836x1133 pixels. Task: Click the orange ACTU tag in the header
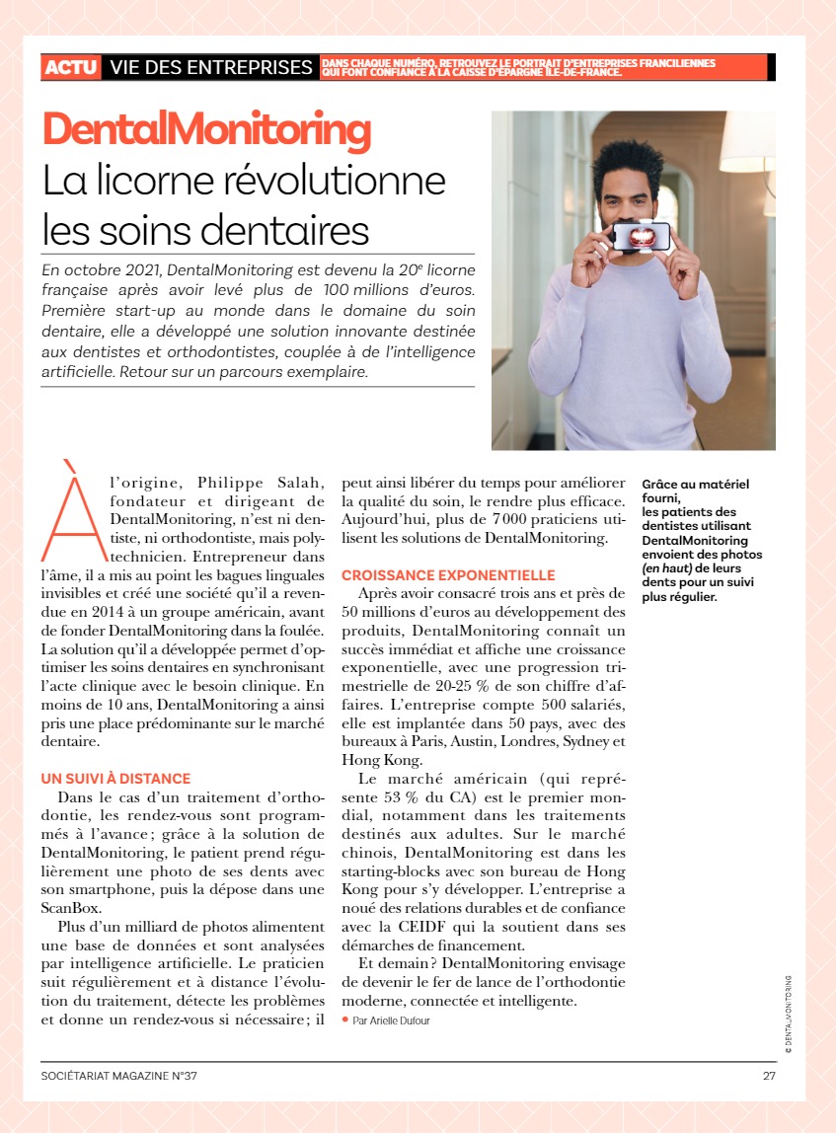pos(71,67)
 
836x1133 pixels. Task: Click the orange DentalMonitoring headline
pos(206,129)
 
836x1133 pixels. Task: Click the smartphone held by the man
pos(641,236)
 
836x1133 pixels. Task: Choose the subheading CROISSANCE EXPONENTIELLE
pos(448,575)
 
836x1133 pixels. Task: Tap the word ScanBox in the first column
pos(70,909)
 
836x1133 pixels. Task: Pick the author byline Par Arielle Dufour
pos(391,1020)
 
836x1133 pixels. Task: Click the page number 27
pos(769,1076)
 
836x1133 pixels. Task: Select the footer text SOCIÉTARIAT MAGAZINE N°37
pos(119,1076)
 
